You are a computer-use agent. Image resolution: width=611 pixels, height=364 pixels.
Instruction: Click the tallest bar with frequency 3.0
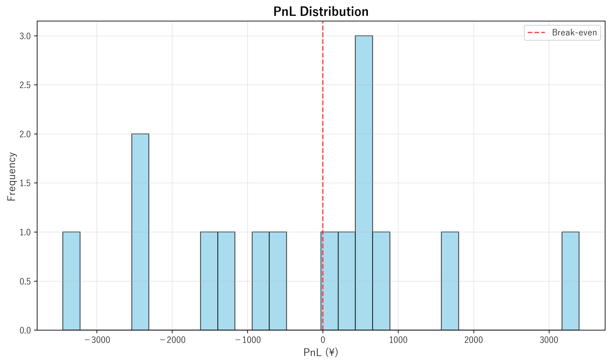[x=364, y=183]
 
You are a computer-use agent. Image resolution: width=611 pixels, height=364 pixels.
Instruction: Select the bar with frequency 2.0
[x=140, y=232]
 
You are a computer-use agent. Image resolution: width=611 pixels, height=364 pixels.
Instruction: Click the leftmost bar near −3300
[x=71, y=281]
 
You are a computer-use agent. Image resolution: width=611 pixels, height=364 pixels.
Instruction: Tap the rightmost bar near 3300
[x=570, y=281]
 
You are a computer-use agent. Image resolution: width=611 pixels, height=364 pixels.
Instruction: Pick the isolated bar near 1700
[x=450, y=281]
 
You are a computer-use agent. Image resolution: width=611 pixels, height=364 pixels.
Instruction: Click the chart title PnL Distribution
[x=321, y=11]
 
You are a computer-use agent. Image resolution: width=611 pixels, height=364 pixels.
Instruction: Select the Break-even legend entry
[x=562, y=32]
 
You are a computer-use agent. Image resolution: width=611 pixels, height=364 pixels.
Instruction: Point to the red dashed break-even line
[x=323, y=127]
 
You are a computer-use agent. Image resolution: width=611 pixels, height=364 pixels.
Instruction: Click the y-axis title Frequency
[x=11, y=176]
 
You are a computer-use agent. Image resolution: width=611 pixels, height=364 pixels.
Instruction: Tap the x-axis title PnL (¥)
[x=321, y=352]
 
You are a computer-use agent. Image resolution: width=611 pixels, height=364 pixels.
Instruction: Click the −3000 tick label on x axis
[x=97, y=340]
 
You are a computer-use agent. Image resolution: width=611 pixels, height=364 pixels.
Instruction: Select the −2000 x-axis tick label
[x=172, y=340]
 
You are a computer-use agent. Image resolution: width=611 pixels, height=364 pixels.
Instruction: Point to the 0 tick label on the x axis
[x=323, y=340]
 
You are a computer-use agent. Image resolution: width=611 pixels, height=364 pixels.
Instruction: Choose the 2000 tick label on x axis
[x=474, y=340]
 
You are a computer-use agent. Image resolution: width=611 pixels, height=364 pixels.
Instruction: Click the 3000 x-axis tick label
[x=549, y=340]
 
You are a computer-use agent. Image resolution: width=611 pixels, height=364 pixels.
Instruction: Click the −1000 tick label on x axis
[x=248, y=340]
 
